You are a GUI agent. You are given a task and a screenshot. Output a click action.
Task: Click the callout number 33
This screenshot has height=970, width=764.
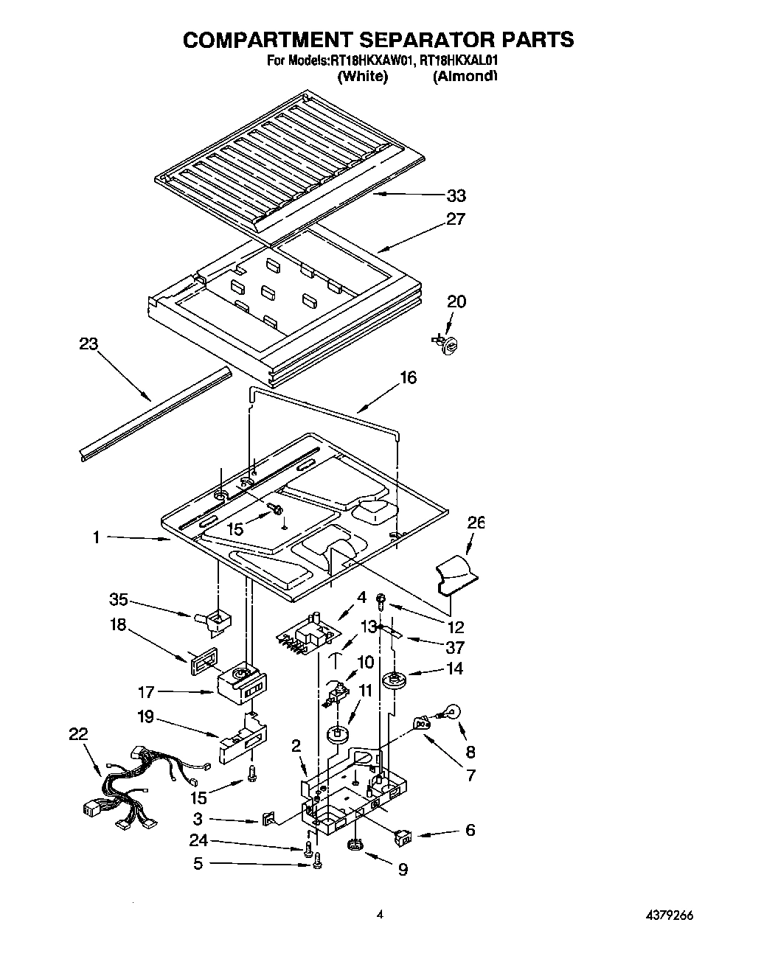(x=456, y=195)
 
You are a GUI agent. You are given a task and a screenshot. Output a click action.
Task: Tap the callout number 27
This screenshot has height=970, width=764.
(x=456, y=219)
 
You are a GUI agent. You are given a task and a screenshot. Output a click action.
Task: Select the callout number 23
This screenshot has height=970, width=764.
(x=88, y=344)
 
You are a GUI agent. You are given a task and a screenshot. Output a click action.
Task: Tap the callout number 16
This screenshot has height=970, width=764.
(x=408, y=377)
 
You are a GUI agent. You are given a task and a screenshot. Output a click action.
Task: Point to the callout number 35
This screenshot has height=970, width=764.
(x=119, y=599)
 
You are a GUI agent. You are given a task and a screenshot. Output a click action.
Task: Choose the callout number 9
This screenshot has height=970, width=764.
(x=403, y=870)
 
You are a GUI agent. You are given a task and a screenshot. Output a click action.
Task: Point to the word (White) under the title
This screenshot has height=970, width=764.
(x=362, y=77)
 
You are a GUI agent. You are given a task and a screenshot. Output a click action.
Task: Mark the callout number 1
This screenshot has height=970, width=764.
(x=96, y=537)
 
